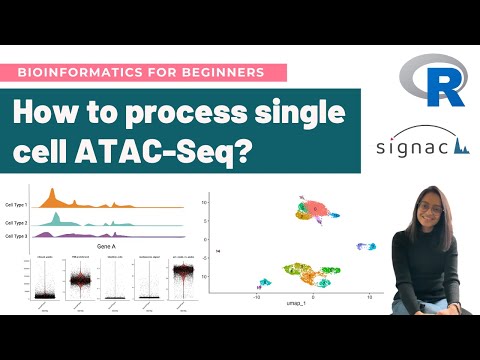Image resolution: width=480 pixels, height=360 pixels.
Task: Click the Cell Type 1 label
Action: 17,203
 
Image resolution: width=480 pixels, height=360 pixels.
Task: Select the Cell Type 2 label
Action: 17,220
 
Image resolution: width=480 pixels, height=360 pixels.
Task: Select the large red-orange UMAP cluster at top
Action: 321,209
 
